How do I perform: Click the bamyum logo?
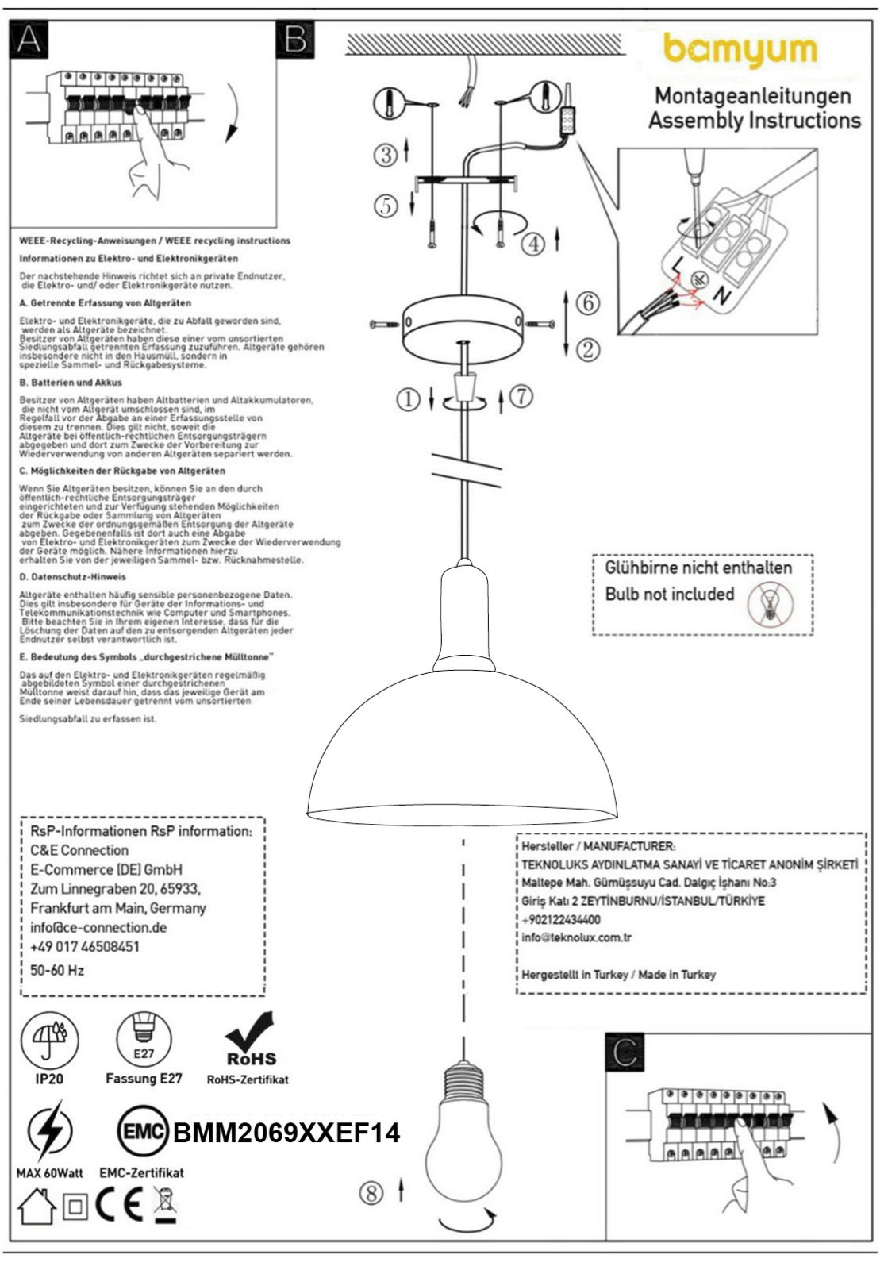pyautogui.click(x=740, y=51)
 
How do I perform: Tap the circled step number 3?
pyautogui.click(x=386, y=155)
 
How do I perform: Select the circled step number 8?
pyautogui.click(x=371, y=1192)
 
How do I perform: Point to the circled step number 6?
pyautogui.click(x=587, y=302)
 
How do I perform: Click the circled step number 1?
pyautogui.click(x=409, y=399)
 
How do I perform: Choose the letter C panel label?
pyautogui.click(x=625, y=1052)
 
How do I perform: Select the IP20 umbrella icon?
pyautogui.click(x=49, y=1039)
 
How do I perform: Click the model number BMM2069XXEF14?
pyautogui.click(x=286, y=1133)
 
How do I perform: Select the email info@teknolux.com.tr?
pyautogui.click(x=576, y=937)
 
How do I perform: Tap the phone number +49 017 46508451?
pyautogui.click(x=85, y=947)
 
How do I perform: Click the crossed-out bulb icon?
pyautogui.click(x=770, y=605)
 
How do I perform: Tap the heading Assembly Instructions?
pyautogui.click(x=754, y=121)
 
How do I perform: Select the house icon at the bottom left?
pyautogui.click(x=36, y=1207)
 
